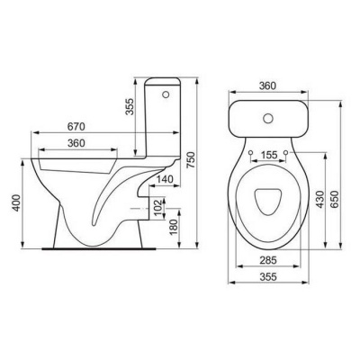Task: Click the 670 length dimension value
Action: click(x=76, y=127)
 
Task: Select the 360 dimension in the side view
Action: click(x=76, y=143)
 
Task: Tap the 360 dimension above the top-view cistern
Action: click(x=267, y=85)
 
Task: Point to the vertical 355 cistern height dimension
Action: click(x=130, y=106)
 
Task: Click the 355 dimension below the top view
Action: click(x=268, y=277)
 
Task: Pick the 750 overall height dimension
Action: click(x=191, y=160)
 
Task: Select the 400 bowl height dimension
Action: click(x=16, y=202)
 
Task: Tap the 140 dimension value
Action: click(x=165, y=179)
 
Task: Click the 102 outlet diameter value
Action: click(x=158, y=206)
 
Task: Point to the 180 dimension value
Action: click(x=173, y=227)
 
